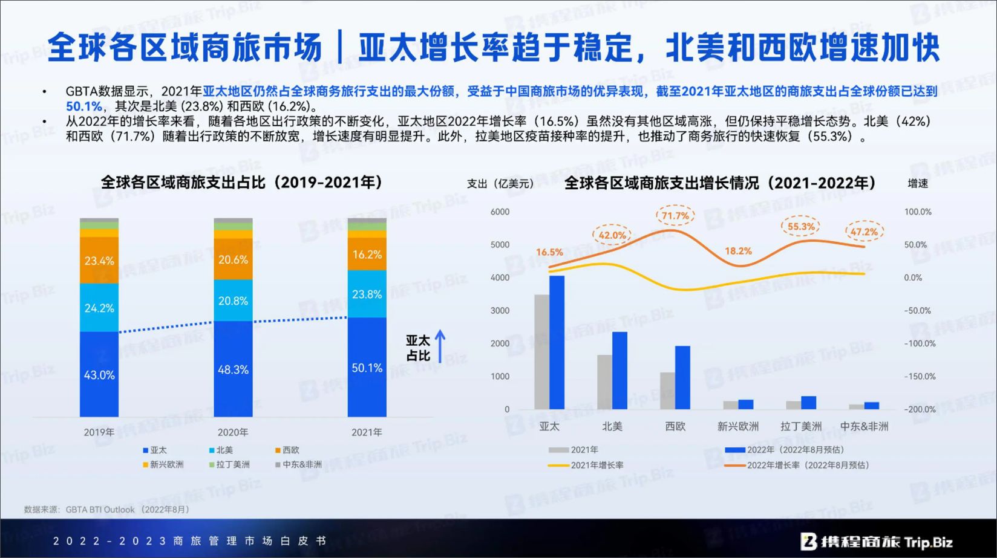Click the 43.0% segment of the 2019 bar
(99, 374)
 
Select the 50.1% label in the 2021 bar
(367, 368)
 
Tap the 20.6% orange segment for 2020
(233, 260)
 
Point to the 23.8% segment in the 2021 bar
(367, 294)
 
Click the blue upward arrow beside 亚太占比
(440, 346)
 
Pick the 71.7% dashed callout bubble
(675, 216)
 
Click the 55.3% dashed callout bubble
(801, 227)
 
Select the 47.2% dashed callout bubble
(864, 232)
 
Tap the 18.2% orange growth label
(738, 251)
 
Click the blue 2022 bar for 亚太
(557, 342)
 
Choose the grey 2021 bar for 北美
(604, 382)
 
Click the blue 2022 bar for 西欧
(682, 377)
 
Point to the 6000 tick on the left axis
(500, 212)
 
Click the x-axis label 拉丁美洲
(801, 426)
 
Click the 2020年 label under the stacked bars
(233, 432)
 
